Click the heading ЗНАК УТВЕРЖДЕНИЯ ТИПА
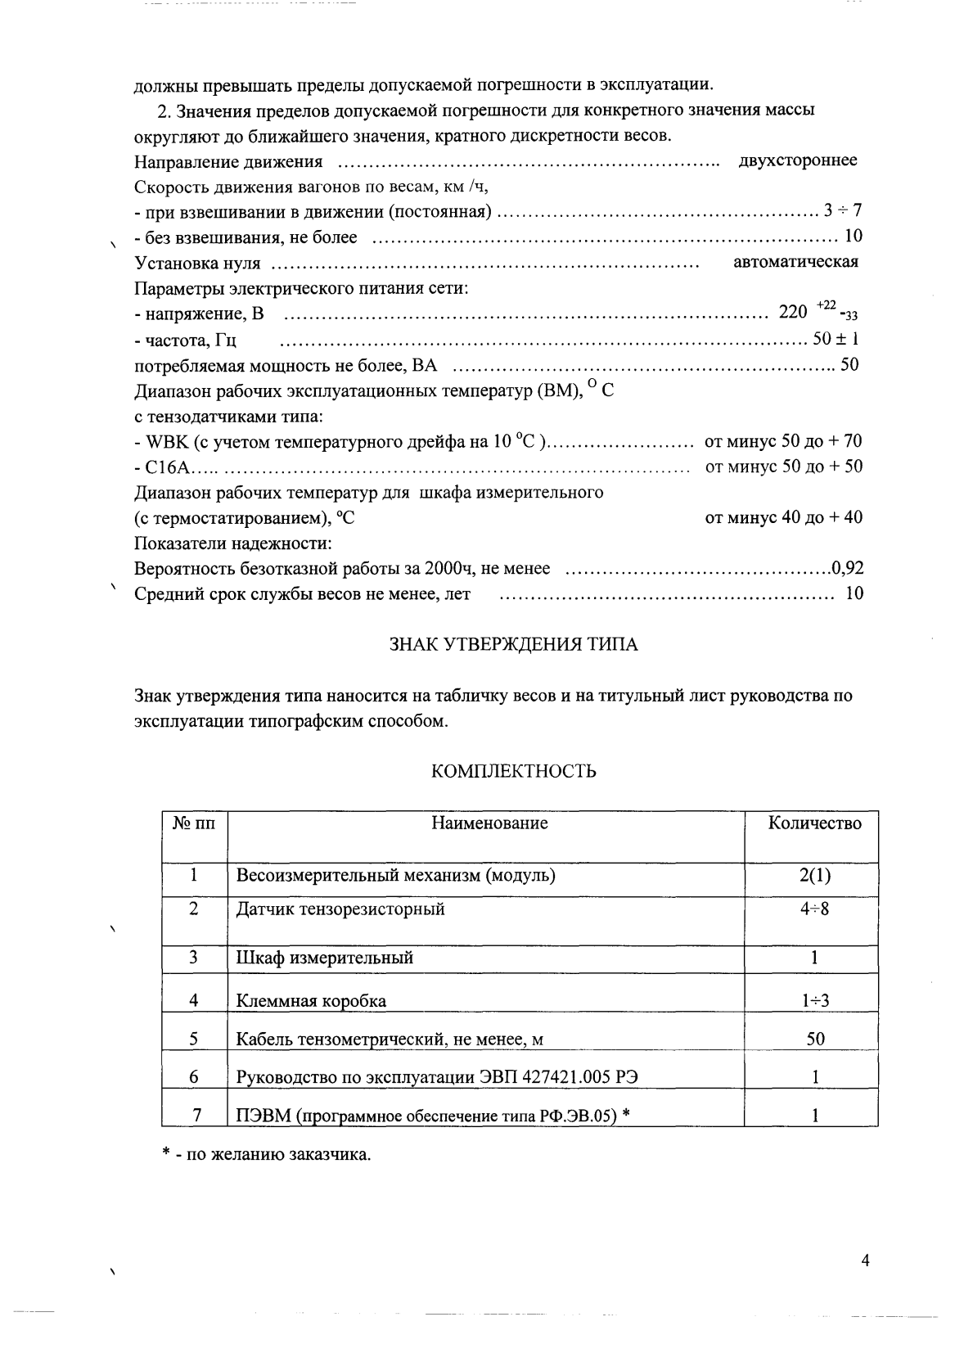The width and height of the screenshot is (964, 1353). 512,644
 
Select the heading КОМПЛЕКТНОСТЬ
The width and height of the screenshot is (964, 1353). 513,771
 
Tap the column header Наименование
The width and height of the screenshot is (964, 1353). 489,823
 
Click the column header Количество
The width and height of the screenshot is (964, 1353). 814,823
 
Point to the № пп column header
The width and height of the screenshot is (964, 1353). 194,823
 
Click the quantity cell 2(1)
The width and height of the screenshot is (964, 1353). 814,876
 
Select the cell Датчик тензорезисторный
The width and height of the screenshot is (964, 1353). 340,909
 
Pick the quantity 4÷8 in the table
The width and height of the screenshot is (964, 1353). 814,909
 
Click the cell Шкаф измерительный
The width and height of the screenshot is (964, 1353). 324,958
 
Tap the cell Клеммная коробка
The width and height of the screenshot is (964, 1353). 311,1001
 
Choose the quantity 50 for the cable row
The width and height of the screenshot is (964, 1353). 815,1040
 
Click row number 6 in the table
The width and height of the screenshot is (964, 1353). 194,1077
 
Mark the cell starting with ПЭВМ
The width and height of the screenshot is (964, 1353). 432,1116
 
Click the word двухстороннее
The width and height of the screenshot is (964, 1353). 797,160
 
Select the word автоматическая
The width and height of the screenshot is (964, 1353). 795,262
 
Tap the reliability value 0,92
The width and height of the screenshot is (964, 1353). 847,568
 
